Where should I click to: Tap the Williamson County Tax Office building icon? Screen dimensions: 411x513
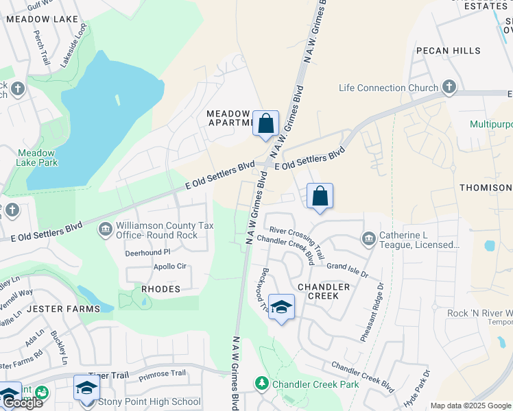pos(106,229)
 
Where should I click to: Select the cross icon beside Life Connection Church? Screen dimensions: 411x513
pos(449,87)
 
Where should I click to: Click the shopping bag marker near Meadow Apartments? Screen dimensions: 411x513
pos(265,124)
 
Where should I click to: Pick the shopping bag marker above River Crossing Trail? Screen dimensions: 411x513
pos(320,197)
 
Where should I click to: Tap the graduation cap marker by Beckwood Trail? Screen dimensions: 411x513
pos(281,308)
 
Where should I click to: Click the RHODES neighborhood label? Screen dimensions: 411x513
pos(160,289)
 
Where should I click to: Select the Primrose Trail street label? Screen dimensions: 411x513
pos(162,373)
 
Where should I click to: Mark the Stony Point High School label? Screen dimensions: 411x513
pos(150,402)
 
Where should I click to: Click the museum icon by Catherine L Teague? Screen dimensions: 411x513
pos(369,238)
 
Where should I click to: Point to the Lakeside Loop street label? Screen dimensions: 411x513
pos(73,45)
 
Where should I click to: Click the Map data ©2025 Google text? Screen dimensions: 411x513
pos(470,406)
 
